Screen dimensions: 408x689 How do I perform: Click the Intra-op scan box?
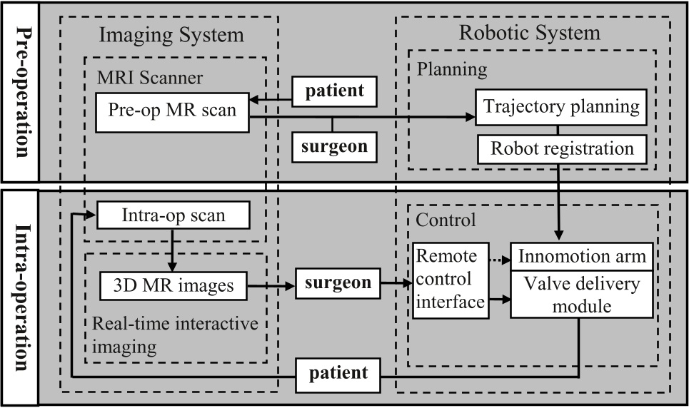tap(173, 213)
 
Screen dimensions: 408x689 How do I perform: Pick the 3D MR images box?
tap(173, 285)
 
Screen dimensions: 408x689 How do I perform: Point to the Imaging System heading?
tap(171, 34)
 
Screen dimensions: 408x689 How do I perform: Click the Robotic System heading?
tap(529, 33)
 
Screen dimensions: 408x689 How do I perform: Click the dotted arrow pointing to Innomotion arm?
tap(498, 255)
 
